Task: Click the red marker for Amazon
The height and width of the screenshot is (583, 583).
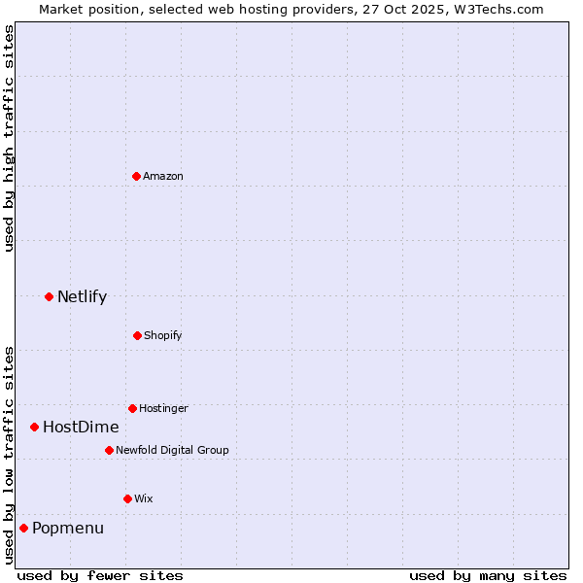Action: [x=137, y=176]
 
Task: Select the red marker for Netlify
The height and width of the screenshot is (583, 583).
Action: [x=49, y=296]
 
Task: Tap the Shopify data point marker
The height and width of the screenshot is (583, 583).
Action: [x=137, y=335]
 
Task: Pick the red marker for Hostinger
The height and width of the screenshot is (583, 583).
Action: [x=132, y=408]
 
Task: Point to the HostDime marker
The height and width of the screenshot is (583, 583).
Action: [x=34, y=427]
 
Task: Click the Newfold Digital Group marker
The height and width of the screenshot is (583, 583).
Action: [x=109, y=450]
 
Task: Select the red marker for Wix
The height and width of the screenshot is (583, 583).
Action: [x=127, y=498]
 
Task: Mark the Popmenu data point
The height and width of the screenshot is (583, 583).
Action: [x=23, y=528]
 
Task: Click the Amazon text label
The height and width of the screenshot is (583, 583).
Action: [x=163, y=176]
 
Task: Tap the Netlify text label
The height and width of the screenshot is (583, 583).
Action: [x=82, y=296]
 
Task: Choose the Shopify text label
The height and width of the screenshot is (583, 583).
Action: [x=163, y=335]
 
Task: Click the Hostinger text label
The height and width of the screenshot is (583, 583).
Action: [x=163, y=408]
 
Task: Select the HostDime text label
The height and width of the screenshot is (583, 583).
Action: [x=81, y=427]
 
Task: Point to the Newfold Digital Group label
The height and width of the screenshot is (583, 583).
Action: [x=172, y=450]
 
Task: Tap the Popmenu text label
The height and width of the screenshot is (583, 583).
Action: [x=68, y=528]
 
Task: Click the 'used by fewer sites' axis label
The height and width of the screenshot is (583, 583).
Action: [x=100, y=575]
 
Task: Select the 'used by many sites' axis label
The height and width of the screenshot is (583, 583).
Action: [x=488, y=575]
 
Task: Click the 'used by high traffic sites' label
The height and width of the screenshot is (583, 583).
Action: [x=9, y=138]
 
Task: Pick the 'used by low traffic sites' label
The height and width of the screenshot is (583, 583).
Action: [x=9, y=454]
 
